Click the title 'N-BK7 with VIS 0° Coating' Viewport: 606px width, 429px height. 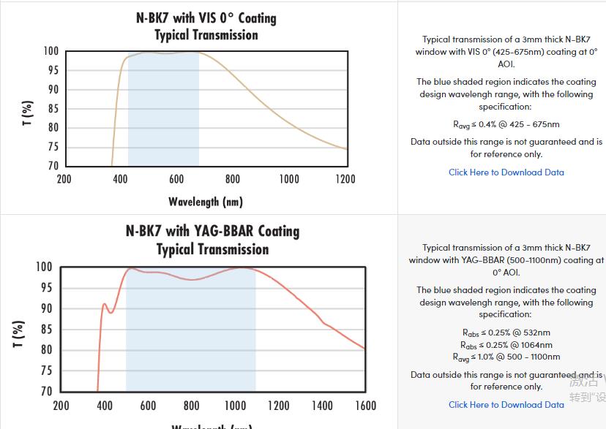point(206,18)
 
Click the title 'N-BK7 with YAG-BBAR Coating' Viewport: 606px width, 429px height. point(212,231)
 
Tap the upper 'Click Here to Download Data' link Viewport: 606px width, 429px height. point(506,172)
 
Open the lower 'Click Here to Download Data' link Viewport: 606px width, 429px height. point(506,404)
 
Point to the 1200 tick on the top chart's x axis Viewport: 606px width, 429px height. point(345,179)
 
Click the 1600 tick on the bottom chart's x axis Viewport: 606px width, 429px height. point(365,406)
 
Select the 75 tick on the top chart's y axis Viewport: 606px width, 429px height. point(52,147)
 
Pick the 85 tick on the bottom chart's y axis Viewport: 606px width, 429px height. point(45,330)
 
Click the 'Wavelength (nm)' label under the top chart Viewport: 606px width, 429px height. point(206,202)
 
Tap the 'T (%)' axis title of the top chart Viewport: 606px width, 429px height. point(28,113)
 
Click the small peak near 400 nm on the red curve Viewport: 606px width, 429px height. point(104,304)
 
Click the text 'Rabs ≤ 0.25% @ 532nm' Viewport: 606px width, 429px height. point(506,333)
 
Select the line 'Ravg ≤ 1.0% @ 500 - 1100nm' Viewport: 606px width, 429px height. point(506,357)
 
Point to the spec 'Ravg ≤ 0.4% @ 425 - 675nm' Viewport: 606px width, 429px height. point(506,124)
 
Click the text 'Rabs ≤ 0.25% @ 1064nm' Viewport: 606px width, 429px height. point(506,345)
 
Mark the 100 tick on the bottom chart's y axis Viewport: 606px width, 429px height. point(44,267)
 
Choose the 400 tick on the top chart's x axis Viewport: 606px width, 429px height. point(120,179)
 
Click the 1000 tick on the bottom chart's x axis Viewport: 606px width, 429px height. point(235,406)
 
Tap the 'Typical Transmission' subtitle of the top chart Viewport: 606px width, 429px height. point(206,35)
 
